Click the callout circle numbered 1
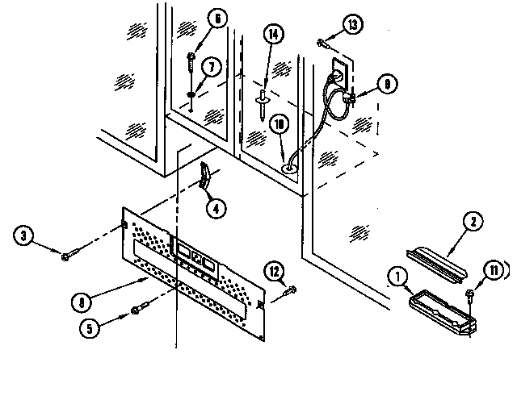point(398,277)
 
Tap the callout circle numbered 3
point(25,236)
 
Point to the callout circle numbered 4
point(215,206)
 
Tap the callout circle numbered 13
point(351,25)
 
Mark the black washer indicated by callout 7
point(191,97)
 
